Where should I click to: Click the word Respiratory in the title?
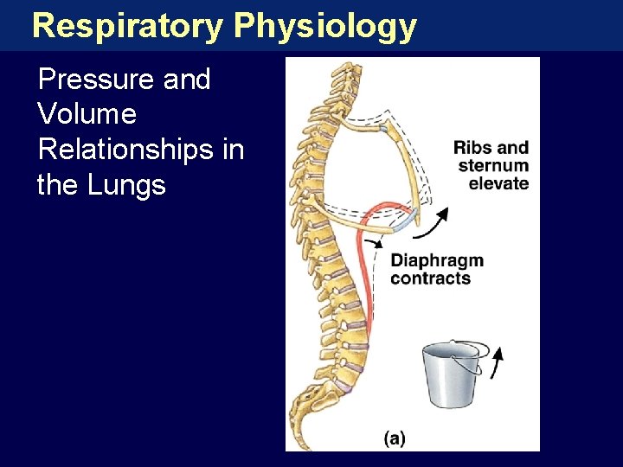[128, 26]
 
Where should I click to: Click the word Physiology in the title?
[325, 28]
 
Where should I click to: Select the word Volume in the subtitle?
[87, 114]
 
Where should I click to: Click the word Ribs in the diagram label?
[471, 147]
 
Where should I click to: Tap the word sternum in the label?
[493, 165]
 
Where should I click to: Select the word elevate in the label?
[498, 182]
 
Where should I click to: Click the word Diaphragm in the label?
[437, 260]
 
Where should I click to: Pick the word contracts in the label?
[430, 278]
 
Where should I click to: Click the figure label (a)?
[394, 438]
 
